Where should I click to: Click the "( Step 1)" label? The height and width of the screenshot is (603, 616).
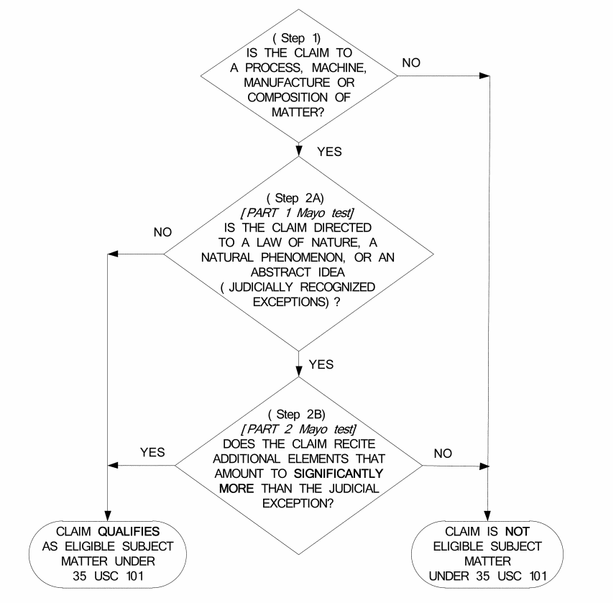297,38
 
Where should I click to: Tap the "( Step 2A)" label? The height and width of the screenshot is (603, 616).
295,198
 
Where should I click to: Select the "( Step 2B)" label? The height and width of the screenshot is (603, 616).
297,415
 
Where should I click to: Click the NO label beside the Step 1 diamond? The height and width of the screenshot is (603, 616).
411,63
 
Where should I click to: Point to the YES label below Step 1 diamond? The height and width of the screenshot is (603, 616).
329,152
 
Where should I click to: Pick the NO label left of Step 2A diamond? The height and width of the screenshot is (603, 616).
162,232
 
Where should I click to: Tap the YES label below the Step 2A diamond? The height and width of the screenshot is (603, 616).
321,364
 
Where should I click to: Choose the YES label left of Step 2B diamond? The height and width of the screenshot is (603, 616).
152,452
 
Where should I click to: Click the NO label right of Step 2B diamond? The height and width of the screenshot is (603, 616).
443,454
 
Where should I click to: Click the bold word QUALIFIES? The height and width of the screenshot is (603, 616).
129,532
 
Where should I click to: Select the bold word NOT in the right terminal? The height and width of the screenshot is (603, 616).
518,532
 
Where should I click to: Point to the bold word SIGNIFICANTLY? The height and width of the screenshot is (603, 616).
339,474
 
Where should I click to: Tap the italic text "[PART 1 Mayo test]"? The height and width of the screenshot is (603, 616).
298,213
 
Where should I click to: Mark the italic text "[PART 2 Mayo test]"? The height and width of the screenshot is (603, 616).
299,429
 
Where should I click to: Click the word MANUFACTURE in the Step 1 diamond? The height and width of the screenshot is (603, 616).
287,83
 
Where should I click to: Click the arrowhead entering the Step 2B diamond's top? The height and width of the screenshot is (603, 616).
298,372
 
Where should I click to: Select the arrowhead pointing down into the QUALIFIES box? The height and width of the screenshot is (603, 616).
108,516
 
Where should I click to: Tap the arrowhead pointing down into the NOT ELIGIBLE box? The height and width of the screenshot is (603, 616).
487,516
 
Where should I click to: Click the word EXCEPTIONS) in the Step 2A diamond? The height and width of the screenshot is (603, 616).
290,302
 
